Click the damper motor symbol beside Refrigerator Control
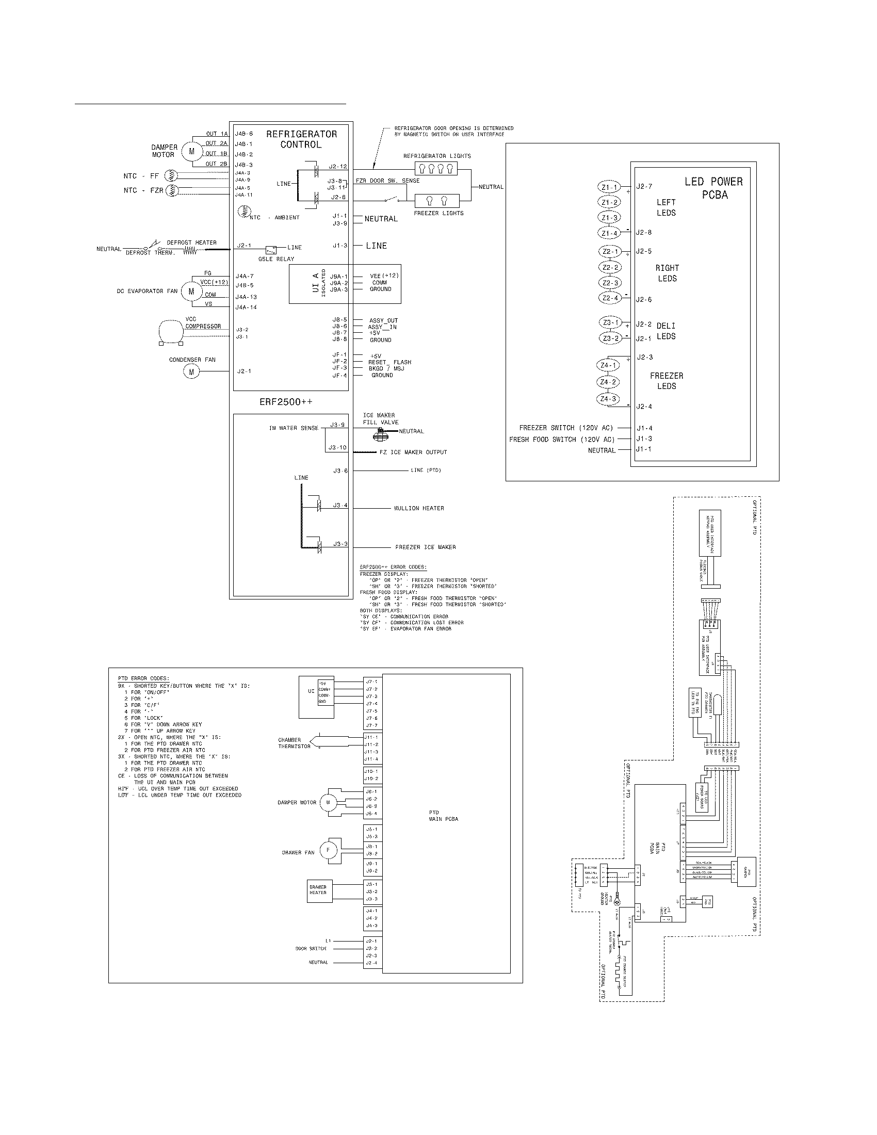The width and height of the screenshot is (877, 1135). (x=192, y=151)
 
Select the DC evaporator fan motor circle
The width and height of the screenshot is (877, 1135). (x=191, y=291)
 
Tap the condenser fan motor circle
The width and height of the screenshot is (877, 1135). (x=191, y=371)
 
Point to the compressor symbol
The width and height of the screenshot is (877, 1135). (x=171, y=331)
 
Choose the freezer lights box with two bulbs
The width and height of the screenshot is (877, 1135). (x=436, y=201)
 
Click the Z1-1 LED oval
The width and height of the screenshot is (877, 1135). (x=609, y=188)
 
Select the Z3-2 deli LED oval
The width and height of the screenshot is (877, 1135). (x=609, y=338)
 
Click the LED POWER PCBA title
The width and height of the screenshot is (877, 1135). (x=714, y=188)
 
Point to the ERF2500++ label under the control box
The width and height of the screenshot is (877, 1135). (x=286, y=402)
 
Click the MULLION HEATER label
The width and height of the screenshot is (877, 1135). (x=419, y=508)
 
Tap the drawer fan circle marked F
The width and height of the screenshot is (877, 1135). (x=327, y=850)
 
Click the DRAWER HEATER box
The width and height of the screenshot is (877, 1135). (x=318, y=891)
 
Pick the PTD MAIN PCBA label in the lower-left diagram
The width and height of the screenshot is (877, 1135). (x=443, y=815)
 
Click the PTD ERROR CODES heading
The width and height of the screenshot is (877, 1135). (x=143, y=679)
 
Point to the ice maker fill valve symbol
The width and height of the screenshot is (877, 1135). (x=381, y=434)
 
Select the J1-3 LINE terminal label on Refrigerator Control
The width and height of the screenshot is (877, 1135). (x=340, y=245)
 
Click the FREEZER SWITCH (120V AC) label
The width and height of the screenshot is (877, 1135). (x=566, y=428)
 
